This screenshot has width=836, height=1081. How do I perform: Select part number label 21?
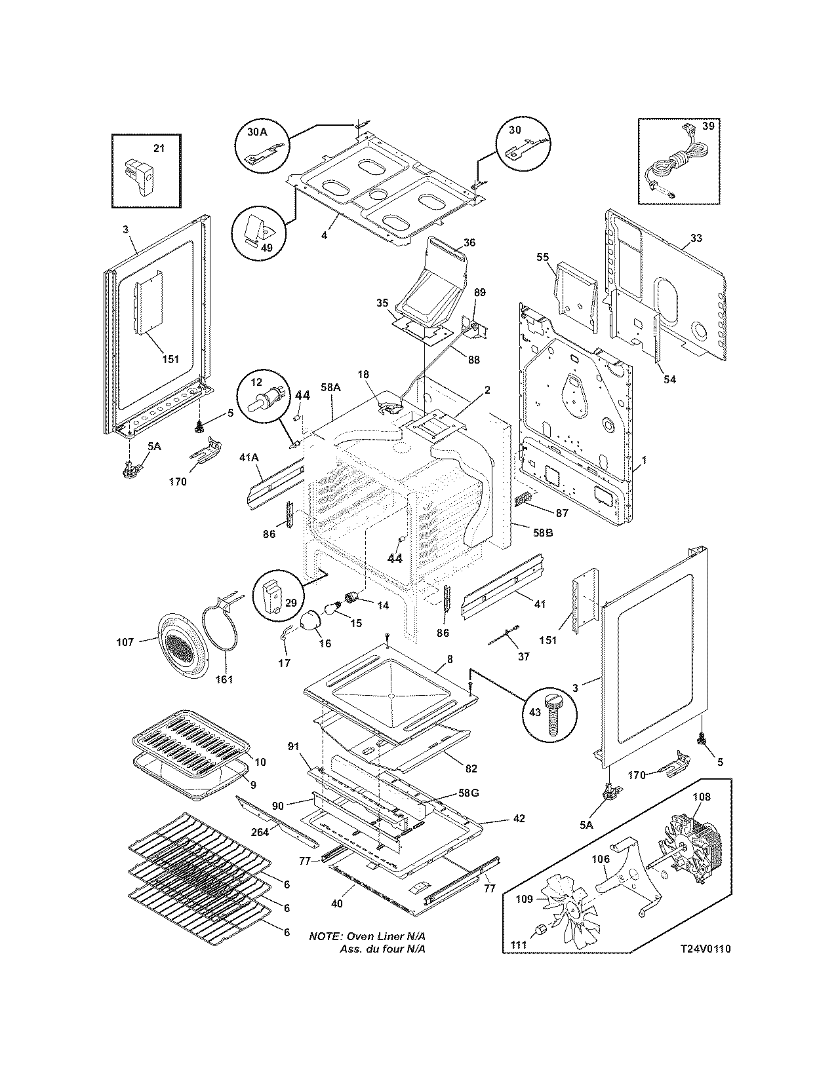(159, 148)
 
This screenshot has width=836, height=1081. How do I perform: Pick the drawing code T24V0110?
(705, 949)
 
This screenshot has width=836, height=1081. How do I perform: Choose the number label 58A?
(330, 388)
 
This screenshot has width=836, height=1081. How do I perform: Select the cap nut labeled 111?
(542, 929)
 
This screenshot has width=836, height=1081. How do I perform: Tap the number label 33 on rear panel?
(696, 238)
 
